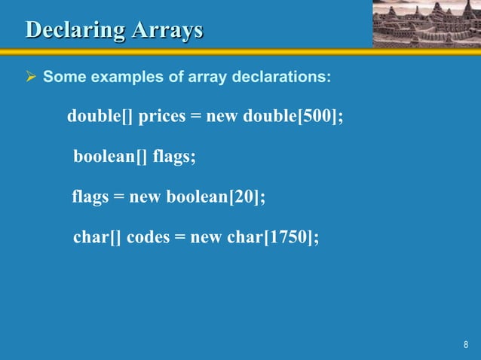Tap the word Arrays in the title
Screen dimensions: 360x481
click(167, 30)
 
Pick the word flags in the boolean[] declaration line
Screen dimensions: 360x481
click(173, 157)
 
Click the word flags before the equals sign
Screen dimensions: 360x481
click(90, 197)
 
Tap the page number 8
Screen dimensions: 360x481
click(465, 345)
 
